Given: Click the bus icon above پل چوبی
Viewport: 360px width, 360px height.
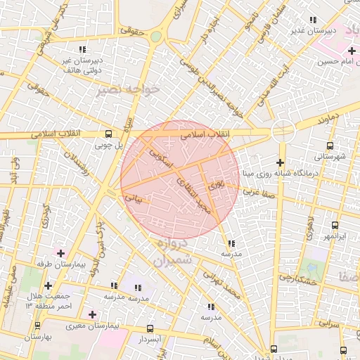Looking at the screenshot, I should tap(108, 134).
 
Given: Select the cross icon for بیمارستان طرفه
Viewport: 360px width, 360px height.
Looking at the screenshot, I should tap(61, 252).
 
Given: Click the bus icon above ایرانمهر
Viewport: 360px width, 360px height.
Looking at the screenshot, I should tap(333, 226).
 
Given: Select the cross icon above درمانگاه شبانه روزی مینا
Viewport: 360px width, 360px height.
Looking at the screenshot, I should tap(279, 163).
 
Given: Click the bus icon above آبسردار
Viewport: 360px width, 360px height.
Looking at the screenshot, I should tap(150, 328).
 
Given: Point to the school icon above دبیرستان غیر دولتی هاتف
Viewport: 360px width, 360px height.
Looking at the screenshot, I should tap(82, 49).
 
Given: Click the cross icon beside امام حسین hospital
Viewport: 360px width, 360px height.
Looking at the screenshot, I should tap(351, 51).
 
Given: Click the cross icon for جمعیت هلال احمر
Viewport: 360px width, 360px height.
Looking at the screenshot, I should tap(48, 285).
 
